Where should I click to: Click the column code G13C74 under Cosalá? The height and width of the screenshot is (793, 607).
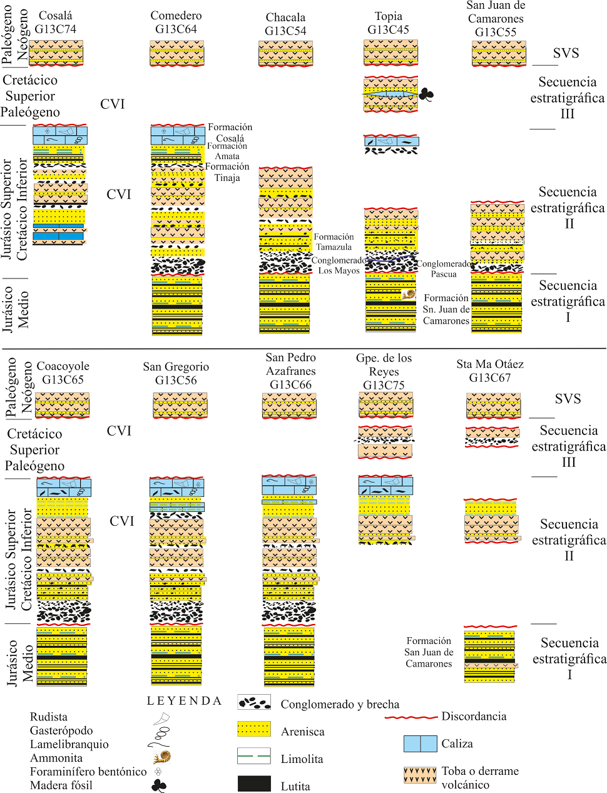coord(55,29)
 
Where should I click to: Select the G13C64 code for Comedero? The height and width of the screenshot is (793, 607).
coord(176,29)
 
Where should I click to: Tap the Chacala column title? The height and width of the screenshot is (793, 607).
coord(285,18)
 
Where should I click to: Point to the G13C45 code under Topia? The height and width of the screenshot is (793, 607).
coord(388,29)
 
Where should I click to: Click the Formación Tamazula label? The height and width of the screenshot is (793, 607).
coord(334,242)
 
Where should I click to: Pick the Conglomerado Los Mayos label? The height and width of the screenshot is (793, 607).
coord(339,265)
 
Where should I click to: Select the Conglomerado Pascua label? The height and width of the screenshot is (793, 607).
coord(444,269)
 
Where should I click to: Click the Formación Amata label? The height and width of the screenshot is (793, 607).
coord(227,151)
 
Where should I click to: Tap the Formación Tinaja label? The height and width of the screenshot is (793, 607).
coord(227,172)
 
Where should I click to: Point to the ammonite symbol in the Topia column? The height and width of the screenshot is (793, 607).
coord(409,294)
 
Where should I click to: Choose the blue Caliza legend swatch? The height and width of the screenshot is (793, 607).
coord(420,744)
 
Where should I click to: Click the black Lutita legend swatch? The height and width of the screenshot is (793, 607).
coord(254,784)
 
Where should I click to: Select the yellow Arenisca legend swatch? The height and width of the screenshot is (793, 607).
coord(254,729)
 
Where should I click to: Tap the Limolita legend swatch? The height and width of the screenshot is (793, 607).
coord(254,756)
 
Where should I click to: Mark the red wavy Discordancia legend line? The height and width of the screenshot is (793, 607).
coord(411,717)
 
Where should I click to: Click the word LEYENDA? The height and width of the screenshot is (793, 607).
coord(184,701)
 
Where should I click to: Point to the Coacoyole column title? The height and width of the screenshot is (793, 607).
coord(63,366)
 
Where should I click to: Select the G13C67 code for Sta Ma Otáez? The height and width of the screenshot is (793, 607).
coord(490,377)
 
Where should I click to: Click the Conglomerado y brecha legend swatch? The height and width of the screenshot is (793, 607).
coord(254,702)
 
